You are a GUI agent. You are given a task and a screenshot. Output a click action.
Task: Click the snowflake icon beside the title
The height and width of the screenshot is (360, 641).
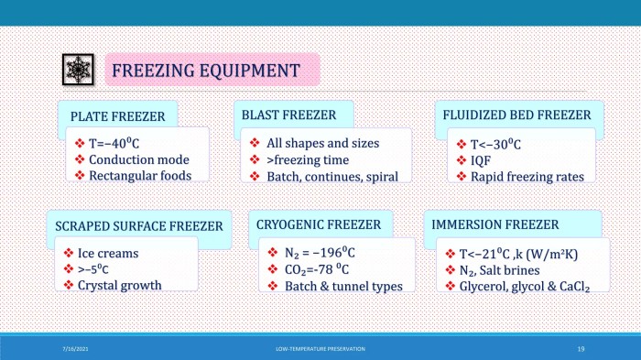click(77, 70)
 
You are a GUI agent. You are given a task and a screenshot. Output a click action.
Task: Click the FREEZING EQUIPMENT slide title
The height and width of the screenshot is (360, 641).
click(205, 70)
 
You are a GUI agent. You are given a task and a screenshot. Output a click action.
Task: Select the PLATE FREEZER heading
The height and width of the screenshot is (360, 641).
click(117, 116)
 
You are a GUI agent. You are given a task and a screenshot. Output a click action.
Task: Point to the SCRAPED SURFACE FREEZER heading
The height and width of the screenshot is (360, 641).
click(138, 225)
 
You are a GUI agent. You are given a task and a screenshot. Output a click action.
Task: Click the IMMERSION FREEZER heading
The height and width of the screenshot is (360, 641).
click(495, 224)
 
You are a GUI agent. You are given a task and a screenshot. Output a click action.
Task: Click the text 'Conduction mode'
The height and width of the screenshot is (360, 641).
click(139, 159)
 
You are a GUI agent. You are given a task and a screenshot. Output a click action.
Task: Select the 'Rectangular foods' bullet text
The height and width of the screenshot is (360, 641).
click(140, 175)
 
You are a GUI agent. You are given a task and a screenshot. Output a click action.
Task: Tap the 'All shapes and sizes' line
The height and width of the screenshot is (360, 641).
click(322, 143)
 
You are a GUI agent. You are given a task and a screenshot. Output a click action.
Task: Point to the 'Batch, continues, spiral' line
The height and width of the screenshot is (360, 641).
click(331, 176)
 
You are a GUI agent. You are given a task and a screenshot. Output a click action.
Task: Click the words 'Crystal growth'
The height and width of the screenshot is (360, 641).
click(120, 285)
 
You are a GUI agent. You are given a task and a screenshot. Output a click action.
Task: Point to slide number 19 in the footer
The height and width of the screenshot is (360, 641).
click(581, 349)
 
